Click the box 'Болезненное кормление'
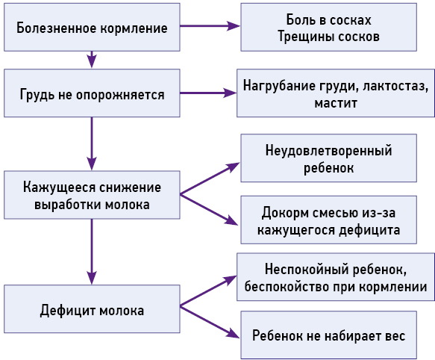click(92, 27)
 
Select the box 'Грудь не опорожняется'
click(92, 94)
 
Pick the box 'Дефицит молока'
click(92, 308)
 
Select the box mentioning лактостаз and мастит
click(336, 94)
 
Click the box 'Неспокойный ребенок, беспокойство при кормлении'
click(334, 277)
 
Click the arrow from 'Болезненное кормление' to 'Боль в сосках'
click(210, 27)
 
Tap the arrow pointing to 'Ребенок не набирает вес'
click(210, 321)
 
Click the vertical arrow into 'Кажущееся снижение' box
click(92, 142)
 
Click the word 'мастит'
click(336, 104)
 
